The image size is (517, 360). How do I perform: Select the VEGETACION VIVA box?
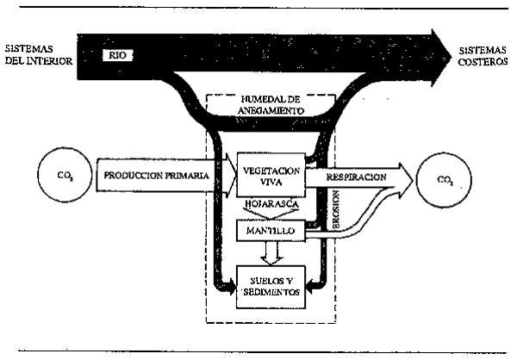pyautogui.click(x=271, y=176)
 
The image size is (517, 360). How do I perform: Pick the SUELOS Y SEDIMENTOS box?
pyautogui.click(x=271, y=286)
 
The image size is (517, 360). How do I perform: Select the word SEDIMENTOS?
pyautogui.click(x=271, y=293)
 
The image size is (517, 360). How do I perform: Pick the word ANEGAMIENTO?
pyautogui.click(x=271, y=112)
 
